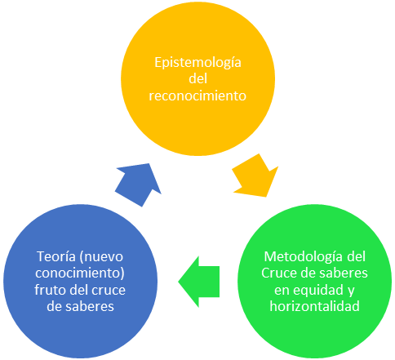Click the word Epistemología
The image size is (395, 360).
point(197,63)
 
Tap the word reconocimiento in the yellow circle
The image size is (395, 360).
point(197,96)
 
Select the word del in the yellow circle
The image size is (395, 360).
point(197,78)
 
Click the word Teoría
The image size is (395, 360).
point(55,256)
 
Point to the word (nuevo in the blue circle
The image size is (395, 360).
point(100,257)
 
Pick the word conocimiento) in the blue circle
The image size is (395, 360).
point(80,273)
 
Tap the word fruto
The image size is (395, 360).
point(51,290)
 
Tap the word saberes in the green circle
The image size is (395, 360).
point(344,273)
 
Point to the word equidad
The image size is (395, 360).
point(318,291)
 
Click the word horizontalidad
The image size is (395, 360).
point(315,306)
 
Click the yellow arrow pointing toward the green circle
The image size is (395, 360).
point(255,176)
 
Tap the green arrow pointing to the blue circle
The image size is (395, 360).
point(199,282)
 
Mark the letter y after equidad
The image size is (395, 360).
point(351,291)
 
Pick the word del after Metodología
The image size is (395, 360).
point(357,256)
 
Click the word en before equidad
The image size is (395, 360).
point(282,291)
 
